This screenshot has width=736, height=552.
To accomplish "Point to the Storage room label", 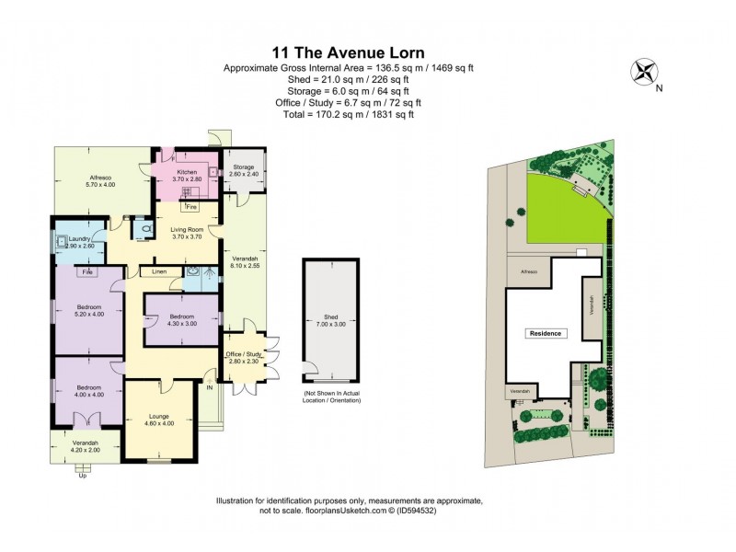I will [243, 170].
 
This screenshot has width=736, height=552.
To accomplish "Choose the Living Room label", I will [187, 232].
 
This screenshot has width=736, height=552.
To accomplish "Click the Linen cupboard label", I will [159, 272].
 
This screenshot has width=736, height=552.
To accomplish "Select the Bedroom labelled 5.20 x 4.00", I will [88, 310].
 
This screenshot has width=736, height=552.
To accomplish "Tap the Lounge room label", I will [160, 419].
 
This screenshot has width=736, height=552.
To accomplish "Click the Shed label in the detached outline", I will [331, 320].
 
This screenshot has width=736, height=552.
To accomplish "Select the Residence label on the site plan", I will [545, 333].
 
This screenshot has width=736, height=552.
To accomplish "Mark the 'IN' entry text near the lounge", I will [210, 388].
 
